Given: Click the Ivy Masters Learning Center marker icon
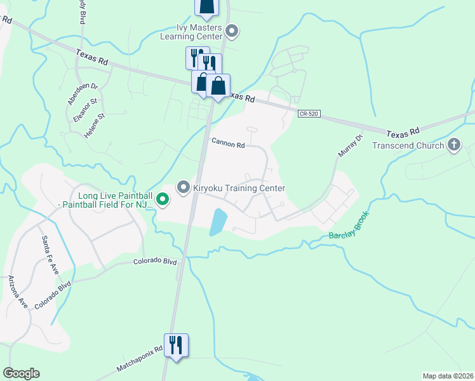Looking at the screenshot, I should (x=232, y=30).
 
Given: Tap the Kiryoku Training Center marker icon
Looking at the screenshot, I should (x=184, y=187).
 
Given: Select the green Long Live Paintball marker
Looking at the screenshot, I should (x=163, y=200).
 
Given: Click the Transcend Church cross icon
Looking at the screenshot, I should (x=453, y=145).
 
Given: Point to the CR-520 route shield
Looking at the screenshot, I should (x=308, y=114).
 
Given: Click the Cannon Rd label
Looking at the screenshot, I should (x=228, y=145).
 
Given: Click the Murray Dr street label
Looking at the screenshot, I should (x=350, y=146).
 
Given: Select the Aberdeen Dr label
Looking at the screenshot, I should (x=83, y=93).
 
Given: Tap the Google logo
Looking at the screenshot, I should (x=21, y=373).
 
